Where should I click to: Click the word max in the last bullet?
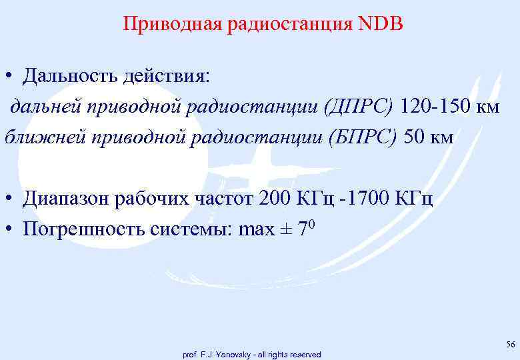(255, 230)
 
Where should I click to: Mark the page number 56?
(511, 345)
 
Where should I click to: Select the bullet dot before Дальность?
(9, 76)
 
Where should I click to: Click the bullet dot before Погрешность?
(9, 230)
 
